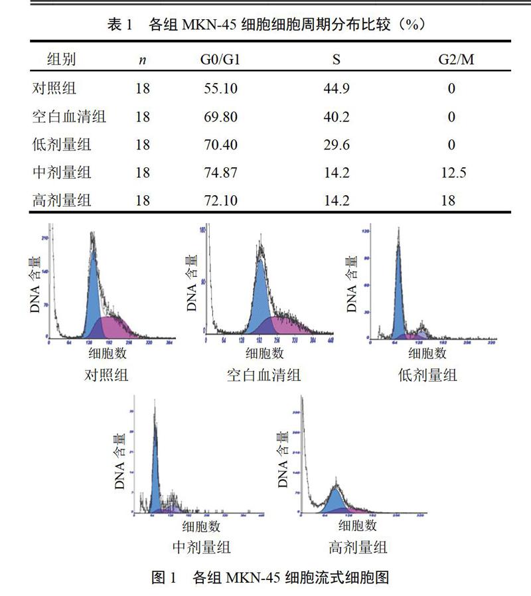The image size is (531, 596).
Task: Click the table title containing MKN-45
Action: [265, 25]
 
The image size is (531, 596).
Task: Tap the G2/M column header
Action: [456, 60]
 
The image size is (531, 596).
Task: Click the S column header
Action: [337, 60]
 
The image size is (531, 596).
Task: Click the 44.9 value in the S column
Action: [337, 88]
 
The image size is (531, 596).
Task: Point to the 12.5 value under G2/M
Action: [453, 173]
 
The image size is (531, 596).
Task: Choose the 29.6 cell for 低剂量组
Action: [337, 145]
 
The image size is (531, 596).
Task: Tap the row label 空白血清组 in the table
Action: [69, 117]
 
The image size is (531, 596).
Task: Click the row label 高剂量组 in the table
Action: [62, 200]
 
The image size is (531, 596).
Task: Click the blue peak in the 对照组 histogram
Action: [94, 292]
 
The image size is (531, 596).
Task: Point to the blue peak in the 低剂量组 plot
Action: [398, 292]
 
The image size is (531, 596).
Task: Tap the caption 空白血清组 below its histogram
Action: [264, 375]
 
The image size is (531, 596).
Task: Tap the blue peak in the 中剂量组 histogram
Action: [155, 478]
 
